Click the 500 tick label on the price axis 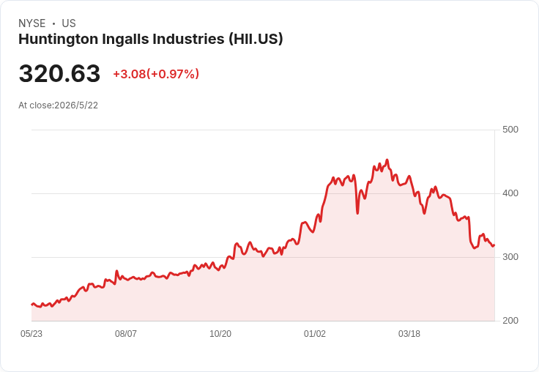[510, 130]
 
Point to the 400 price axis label [510, 193]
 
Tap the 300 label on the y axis [510, 257]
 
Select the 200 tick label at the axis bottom [510, 321]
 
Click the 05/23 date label [31, 334]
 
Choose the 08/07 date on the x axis [126, 334]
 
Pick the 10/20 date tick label [220, 334]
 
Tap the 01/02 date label [314, 334]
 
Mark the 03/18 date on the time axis [409, 334]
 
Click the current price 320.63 [59, 73]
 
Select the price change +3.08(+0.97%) [156, 74]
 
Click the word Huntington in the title [58, 40]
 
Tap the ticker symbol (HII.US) [256, 39]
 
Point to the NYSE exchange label [32, 23]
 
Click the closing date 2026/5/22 [76, 105]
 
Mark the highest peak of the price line [387, 160]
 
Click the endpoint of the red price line [494, 245]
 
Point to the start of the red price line [32, 305]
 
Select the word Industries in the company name [188, 39]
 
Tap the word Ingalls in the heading [125, 40]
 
